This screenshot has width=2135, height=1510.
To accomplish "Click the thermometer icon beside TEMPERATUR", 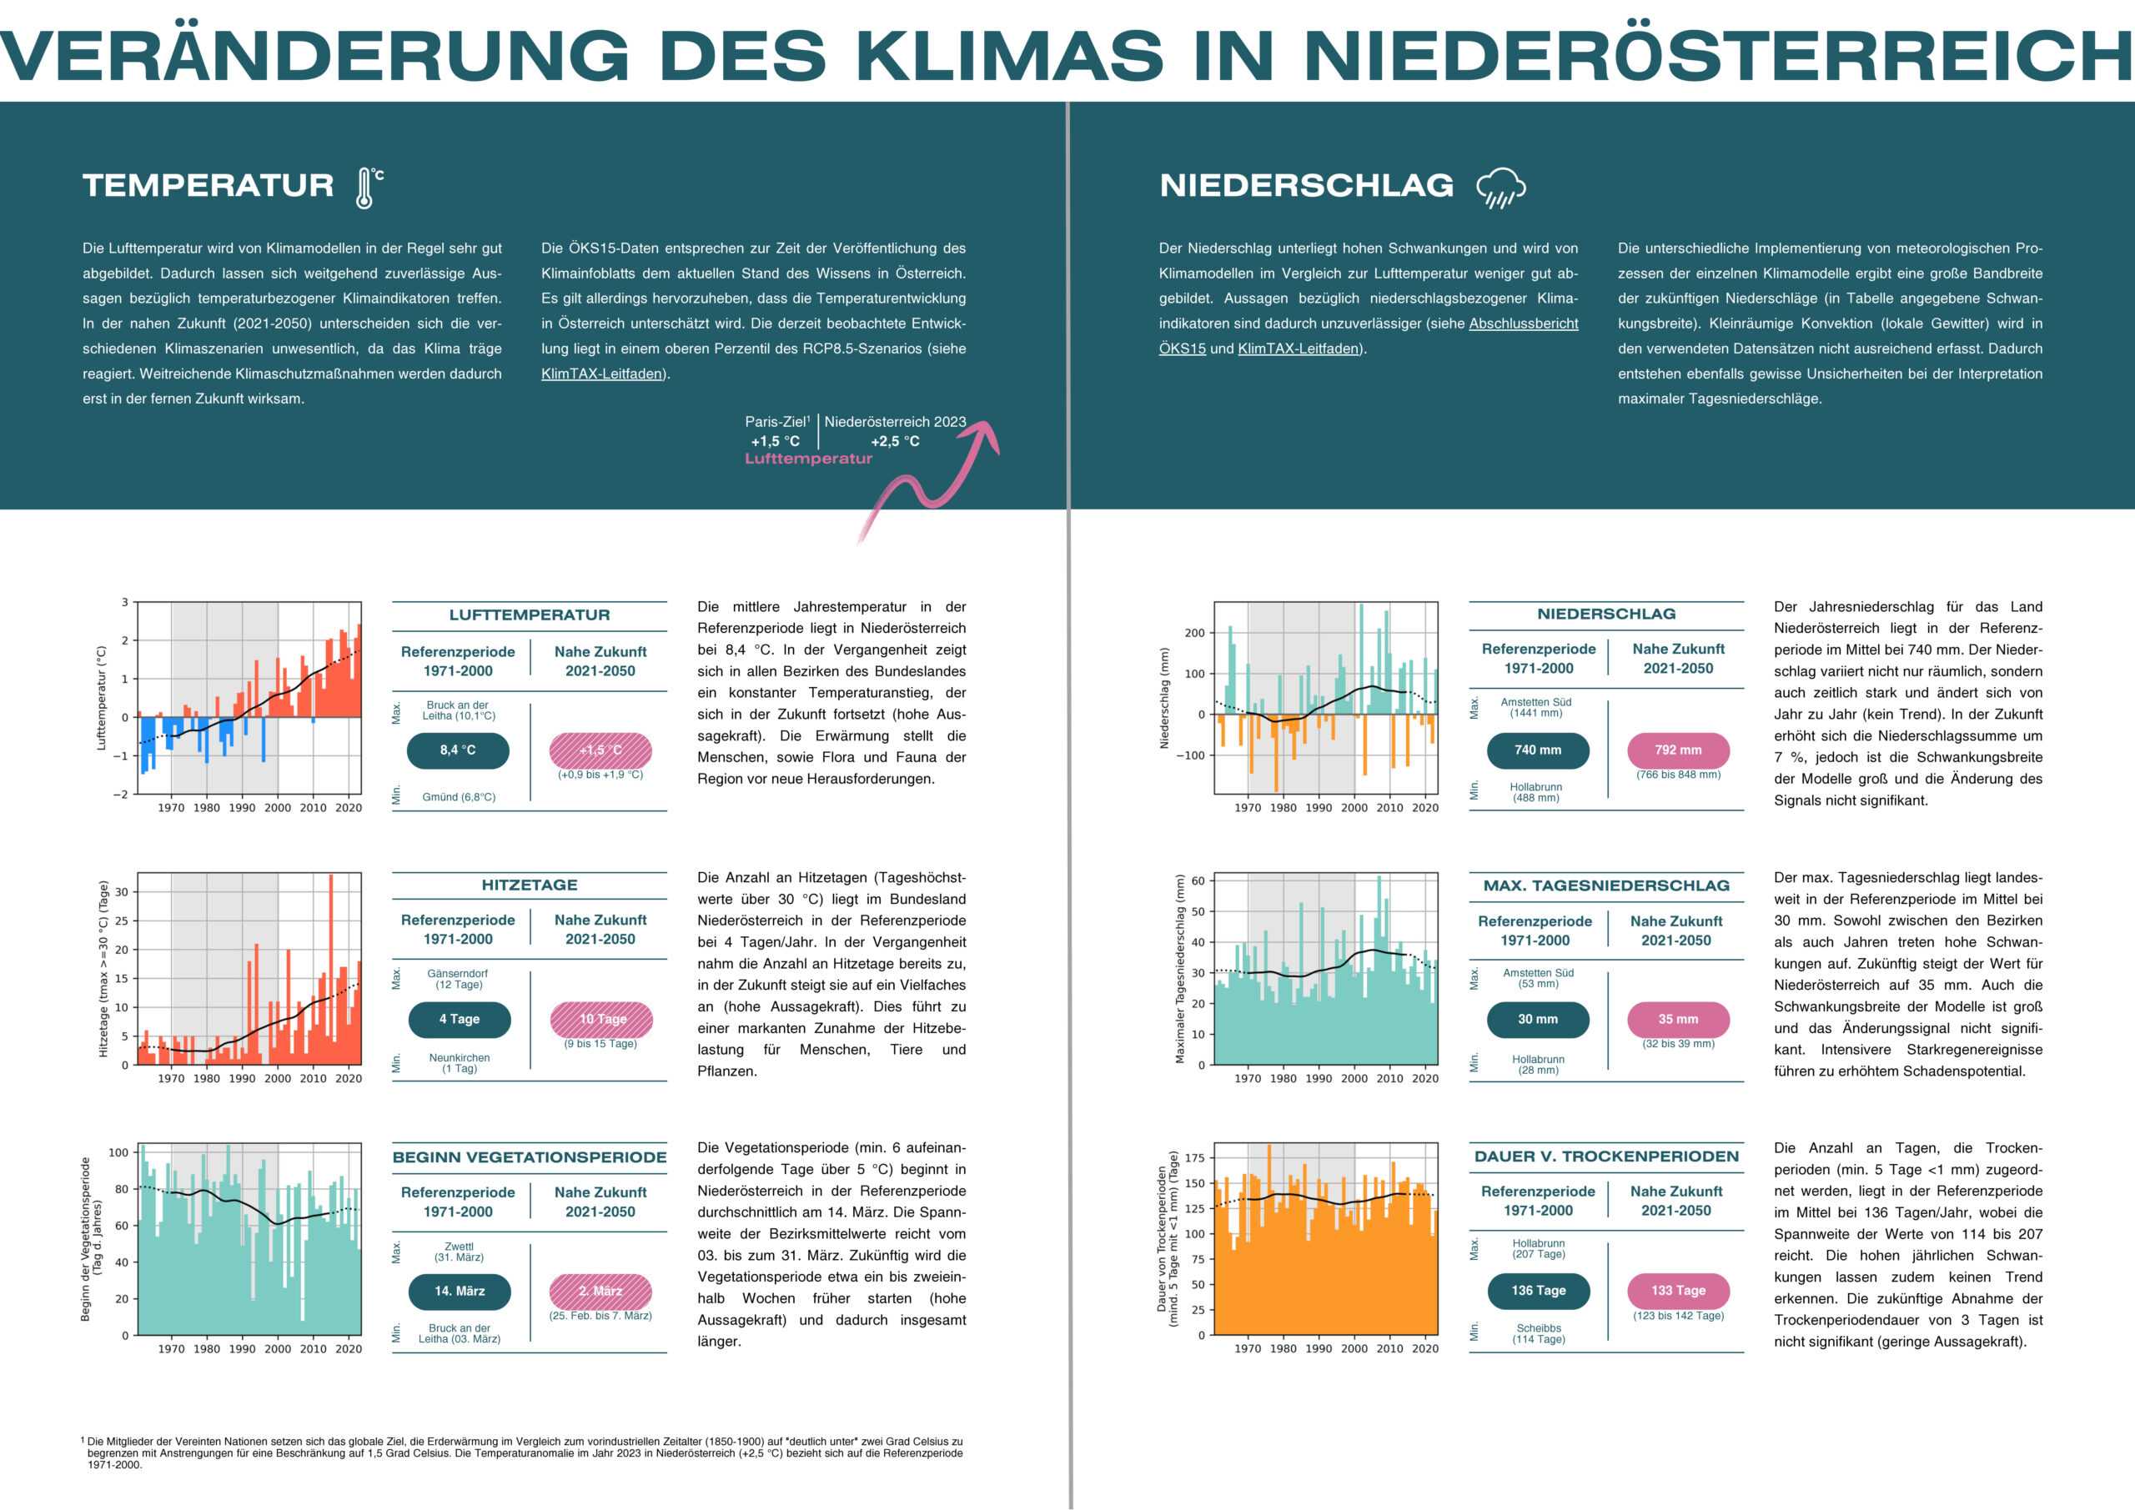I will (366, 187).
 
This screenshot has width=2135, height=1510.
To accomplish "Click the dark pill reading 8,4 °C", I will (459, 750).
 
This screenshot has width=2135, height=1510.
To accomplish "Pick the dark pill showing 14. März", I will (460, 1291).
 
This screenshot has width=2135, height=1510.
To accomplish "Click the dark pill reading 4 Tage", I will (460, 1019).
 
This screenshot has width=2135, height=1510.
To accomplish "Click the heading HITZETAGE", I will (529, 885).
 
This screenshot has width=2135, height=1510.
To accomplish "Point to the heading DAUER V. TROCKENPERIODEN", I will (1606, 1156).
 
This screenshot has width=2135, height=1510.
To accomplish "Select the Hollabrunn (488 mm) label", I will (1535, 792).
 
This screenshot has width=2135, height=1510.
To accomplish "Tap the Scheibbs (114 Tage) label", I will (1538, 1333).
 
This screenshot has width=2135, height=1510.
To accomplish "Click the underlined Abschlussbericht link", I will (1523, 324).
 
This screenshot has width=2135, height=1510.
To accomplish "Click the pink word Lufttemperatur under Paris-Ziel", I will (808, 459).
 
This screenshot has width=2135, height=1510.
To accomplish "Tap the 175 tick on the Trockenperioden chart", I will (1194, 1157).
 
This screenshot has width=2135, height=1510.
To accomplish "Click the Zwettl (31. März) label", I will (459, 1252).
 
